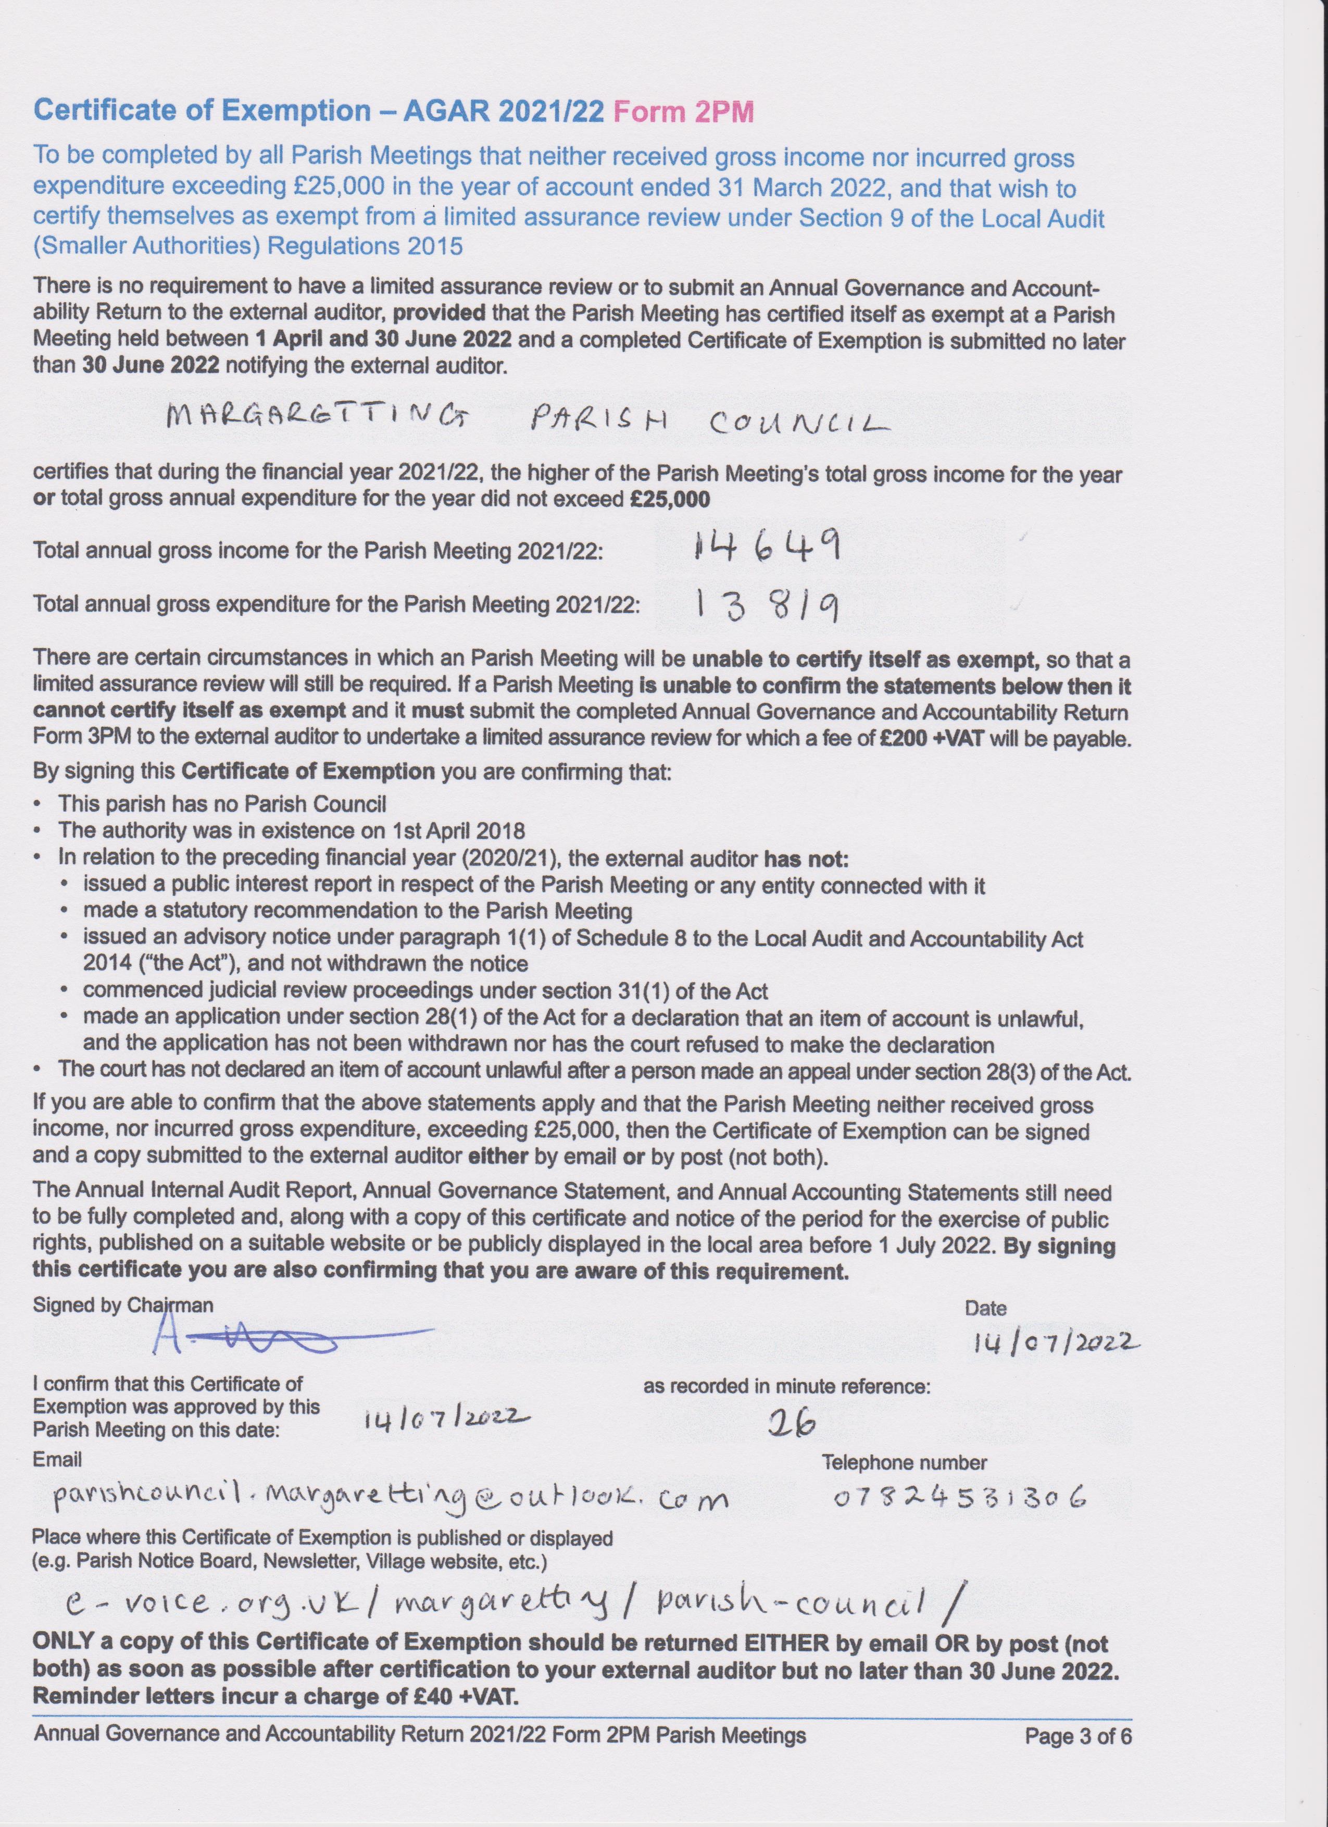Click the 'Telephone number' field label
click(904, 1463)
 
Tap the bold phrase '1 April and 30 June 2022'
click(383, 340)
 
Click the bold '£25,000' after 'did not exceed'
click(670, 500)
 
